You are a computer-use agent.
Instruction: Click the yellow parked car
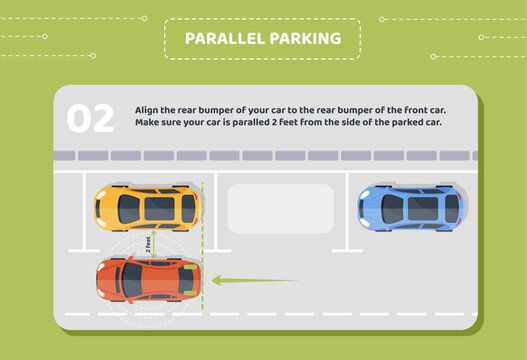(x=147, y=208)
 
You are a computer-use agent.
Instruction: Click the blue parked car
(x=411, y=208)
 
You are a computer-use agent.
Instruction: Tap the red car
(x=147, y=279)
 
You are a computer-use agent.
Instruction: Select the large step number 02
(x=91, y=119)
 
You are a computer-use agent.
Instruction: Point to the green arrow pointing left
(x=254, y=281)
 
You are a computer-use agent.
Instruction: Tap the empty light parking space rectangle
(x=280, y=208)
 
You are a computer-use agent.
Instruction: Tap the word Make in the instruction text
(x=147, y=123)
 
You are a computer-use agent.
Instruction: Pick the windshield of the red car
(x=131, y=279)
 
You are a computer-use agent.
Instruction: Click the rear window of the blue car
(x=451, y=208)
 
